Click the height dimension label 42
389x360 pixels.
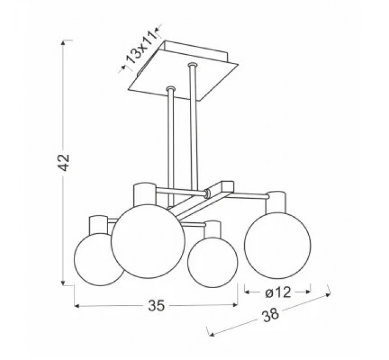tap(65, 162)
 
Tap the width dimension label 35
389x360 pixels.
tap(156, 305)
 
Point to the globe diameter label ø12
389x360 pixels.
tap(278, 293)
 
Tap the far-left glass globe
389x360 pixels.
tap(99, 259)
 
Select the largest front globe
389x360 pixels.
tap(148, 241)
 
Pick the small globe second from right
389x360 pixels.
tap(213, 263)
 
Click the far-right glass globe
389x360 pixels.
tap(277, 246)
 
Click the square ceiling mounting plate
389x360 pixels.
tap(183, 71)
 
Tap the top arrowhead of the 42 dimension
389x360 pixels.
tap(63, 43)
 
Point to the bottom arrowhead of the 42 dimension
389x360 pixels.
tap(63, 283)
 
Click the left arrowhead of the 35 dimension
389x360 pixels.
tap(77, 306)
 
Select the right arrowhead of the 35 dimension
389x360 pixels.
tap(235, 305)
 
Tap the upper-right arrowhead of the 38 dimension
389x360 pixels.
tap(328, 295)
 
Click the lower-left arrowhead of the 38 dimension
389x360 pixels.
tap(212, 334)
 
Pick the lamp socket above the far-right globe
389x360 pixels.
tap(275, 202)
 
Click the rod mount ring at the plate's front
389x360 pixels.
tap(170, 89)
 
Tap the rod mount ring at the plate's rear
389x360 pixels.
tap(192, 65)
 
